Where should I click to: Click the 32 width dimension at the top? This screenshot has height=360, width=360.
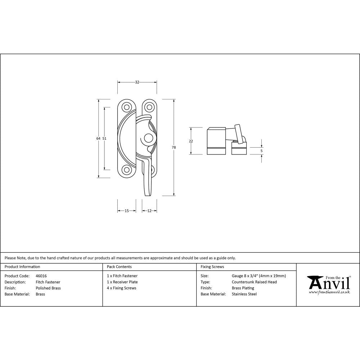137,82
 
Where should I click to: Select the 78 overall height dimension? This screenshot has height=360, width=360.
174,148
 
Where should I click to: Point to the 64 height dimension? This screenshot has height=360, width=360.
98,138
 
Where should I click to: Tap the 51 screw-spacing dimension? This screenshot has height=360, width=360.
104,138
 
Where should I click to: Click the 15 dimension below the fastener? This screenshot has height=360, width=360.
127,211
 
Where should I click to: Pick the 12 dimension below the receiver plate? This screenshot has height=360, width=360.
149,211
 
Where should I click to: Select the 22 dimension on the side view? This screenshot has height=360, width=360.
191,141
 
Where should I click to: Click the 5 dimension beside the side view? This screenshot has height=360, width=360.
262,151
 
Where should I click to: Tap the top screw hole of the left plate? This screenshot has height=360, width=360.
126,107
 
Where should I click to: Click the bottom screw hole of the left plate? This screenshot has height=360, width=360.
126,170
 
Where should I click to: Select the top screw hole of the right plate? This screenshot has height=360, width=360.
149,107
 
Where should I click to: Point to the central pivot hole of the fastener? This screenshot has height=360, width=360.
148,138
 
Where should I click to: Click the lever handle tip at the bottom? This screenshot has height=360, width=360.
147,194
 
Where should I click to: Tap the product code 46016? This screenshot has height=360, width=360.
41,276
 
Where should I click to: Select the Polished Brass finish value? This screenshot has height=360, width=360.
48,288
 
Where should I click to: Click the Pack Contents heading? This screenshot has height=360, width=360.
119,267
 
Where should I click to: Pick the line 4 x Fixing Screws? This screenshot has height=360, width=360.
122,288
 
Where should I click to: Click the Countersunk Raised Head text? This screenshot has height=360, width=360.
254,282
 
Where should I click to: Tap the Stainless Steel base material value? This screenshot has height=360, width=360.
244,294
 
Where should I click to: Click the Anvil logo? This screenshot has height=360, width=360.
329,284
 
